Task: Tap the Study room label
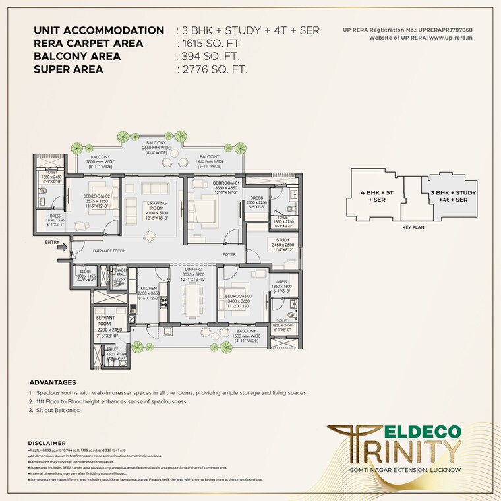click(283, 240)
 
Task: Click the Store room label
click(86, 271)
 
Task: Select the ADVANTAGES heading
click(53, 382)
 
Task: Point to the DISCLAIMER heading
click(47, 443)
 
